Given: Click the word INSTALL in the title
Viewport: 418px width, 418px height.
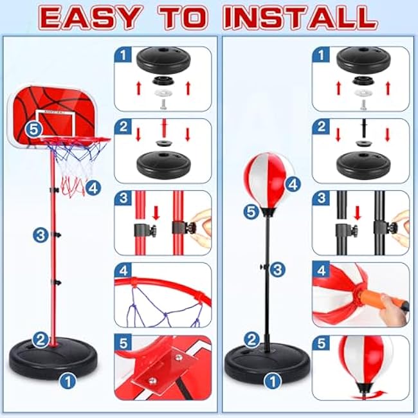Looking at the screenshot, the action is pos(300,18).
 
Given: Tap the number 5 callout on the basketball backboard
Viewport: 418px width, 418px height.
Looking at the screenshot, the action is pos(34,129).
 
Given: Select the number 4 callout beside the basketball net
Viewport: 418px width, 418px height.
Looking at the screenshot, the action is pos(93,188).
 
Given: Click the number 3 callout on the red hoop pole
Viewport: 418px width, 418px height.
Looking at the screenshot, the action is pos(41,235).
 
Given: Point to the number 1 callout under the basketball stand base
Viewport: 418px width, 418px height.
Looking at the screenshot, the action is pos(68,381).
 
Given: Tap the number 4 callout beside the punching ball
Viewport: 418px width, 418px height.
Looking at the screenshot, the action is pos(293,184).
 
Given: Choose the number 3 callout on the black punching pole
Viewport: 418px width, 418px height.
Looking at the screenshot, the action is pos(278,269).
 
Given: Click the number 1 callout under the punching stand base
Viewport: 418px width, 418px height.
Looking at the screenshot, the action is pos(273,381).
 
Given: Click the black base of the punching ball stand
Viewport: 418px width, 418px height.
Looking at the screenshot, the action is pos(268,359).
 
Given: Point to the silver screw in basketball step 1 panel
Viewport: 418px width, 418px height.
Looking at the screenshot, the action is pos(163,104).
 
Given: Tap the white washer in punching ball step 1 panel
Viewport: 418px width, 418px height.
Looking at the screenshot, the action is pos(361,93).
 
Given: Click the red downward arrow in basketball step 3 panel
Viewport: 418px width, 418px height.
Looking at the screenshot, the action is pos(156,213).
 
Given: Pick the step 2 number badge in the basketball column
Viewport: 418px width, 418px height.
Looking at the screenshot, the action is pos(123,126).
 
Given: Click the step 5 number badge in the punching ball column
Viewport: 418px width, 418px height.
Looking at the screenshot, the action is pos(321,343).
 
